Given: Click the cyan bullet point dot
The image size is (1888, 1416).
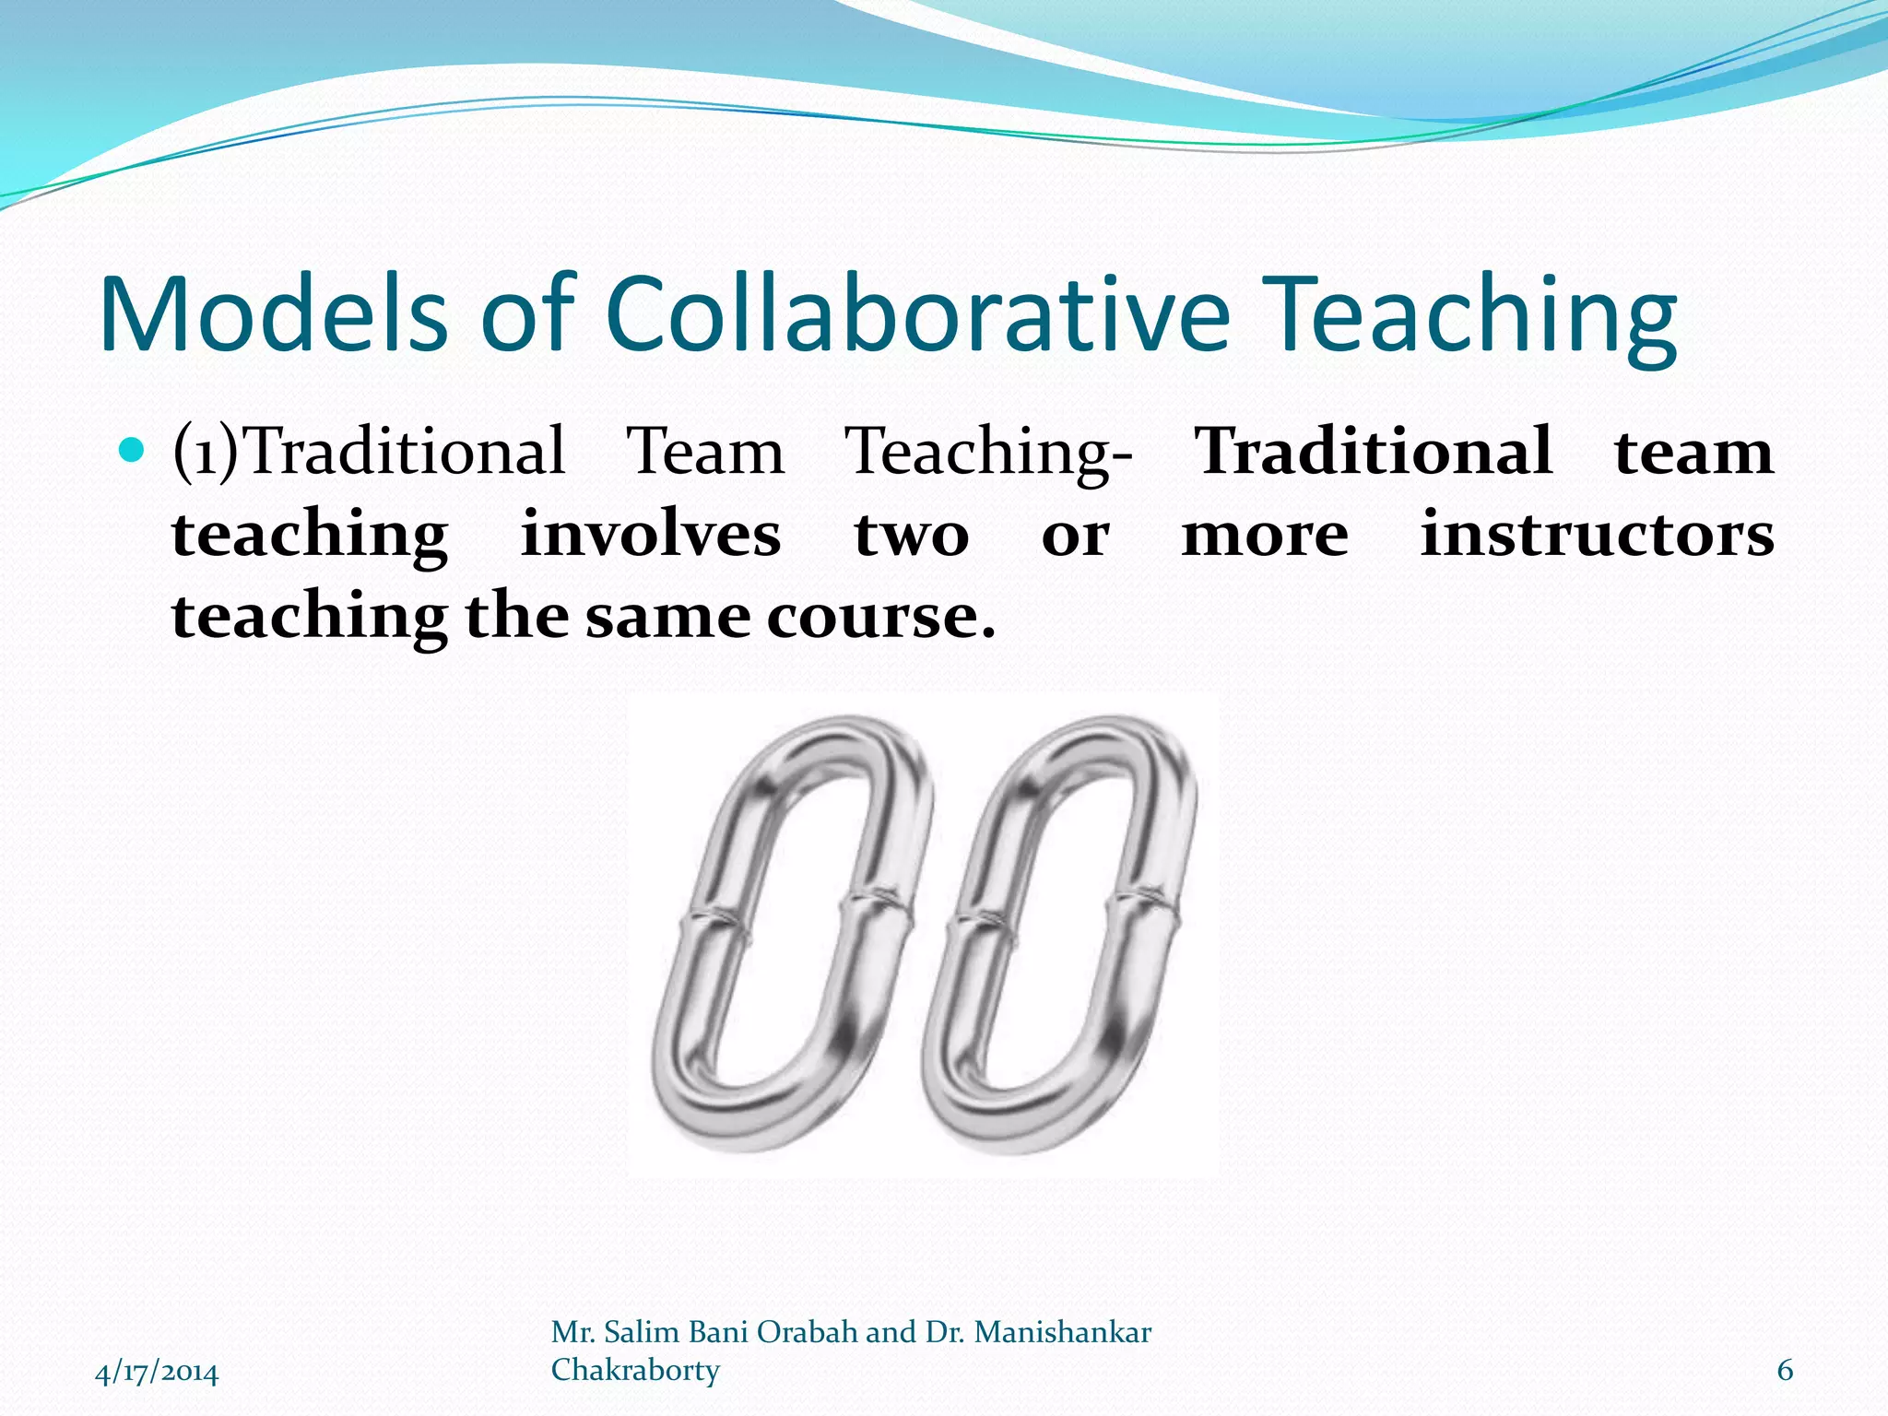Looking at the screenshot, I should point(133,451).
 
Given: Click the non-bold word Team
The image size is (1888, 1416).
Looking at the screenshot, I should point(705,452).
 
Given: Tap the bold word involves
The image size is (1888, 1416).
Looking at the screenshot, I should point(651,535).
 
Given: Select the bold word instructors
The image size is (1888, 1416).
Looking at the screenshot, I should point(1597,535).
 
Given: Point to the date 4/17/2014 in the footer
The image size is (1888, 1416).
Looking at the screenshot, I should point(157,1373).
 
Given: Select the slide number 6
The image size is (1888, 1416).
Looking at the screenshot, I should point(1785,1371).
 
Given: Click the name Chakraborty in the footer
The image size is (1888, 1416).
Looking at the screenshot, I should point(635,1371).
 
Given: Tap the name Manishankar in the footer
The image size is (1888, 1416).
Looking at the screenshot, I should point(1062,1333).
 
